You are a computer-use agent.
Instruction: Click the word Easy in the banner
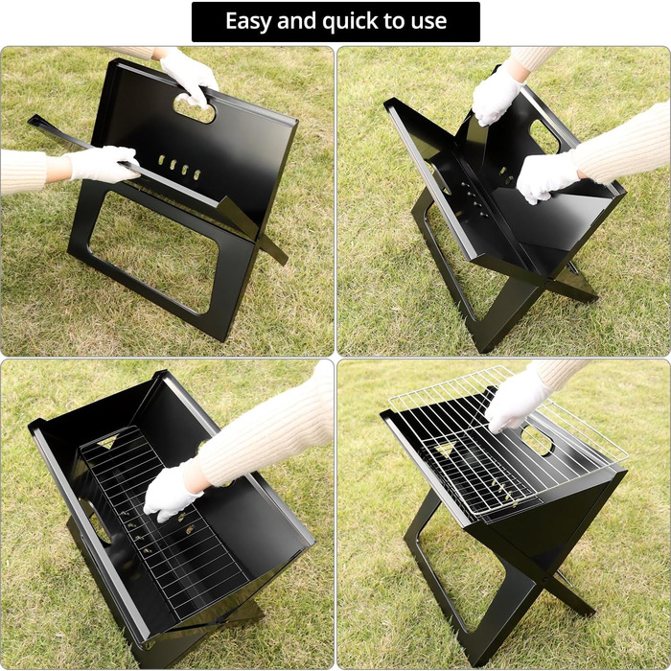tap(248, 21)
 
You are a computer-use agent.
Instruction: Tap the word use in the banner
tap(428, 22)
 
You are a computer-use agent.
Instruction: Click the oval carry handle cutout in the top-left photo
tap(195, 107)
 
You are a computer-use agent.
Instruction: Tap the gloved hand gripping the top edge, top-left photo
tap(188, 76)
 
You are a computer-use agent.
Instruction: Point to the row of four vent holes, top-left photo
tap(179, 167)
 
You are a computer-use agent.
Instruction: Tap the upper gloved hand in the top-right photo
tap(497, 96)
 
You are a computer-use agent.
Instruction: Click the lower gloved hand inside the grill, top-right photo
tap(548, 177)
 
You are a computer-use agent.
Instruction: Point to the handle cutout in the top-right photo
tap(545, 136)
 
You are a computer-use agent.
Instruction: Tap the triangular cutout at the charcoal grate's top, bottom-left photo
tap(107, 443)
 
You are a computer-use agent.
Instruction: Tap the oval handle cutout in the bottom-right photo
tap(538, 440)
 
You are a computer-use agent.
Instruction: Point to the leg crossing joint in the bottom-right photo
tap(545, 578)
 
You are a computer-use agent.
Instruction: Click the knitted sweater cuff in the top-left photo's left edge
tap(24, 172)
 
